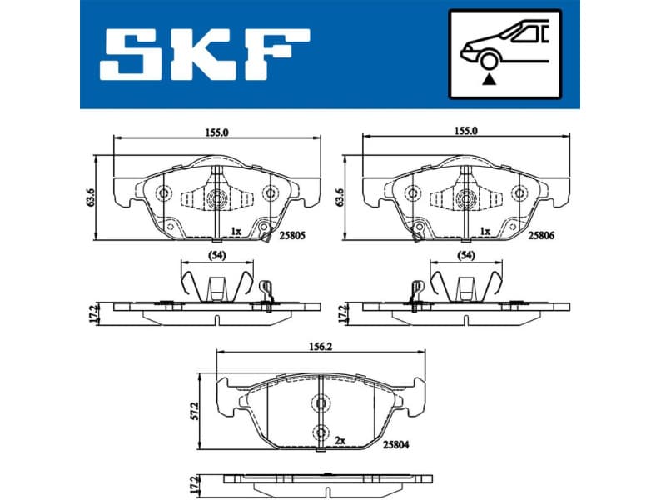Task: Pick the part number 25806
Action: (541, 237)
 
